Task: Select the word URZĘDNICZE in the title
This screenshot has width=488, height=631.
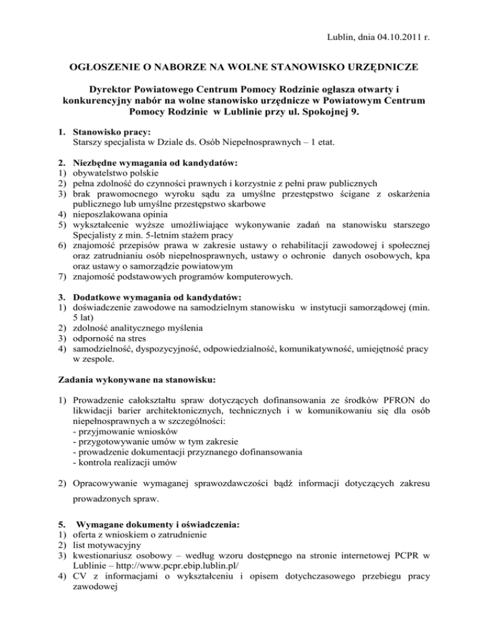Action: [x=379, y=66]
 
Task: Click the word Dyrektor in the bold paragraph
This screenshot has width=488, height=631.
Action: [x=112, y=89]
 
